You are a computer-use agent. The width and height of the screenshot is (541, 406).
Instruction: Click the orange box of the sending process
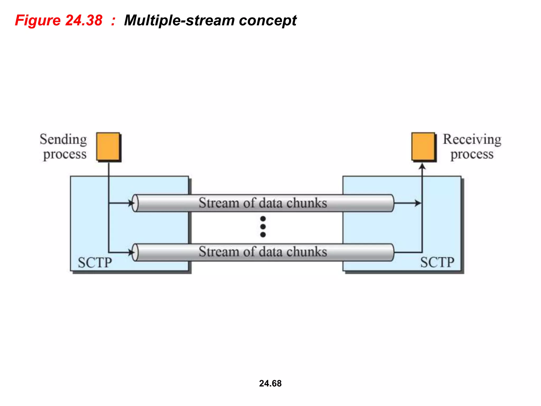pyautogui.click(x=108, y=146)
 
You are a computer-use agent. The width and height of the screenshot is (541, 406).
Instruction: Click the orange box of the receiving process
pyautogui.click(x=423, y=146)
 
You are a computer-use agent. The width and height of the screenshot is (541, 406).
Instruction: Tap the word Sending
pyautogui.click(x=63, y=139)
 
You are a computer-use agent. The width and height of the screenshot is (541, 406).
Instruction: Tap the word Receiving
pyautogui.click(x=472, y=139)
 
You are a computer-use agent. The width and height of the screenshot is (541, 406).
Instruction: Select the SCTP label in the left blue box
pyautogui.click(x=95, y=262)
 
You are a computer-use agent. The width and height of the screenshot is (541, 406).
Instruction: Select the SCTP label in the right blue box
pyautogui.click(x=437, y=262)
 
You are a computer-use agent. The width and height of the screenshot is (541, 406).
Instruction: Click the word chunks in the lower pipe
pyautogui.click(x=307, y=252)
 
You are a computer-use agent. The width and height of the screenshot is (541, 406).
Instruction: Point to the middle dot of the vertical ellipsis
pyautogui.click(x=263, y=227)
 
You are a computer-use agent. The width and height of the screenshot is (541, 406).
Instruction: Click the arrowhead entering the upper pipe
pyautogui.click(x=131, y=203)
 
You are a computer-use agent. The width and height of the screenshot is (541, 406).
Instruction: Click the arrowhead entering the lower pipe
pyautogui.click(x=131, y=252)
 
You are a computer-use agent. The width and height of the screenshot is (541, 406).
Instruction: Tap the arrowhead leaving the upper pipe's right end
pyautogui.click(x=418, y=203)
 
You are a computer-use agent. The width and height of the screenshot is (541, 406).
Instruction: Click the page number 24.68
pyautogui.click(x=270, y=383)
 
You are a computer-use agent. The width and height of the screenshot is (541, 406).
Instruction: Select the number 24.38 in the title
pyautogui.click(x=83, y=20)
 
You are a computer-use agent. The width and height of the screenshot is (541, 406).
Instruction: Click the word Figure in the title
pyautogui.click(x=38, y=20)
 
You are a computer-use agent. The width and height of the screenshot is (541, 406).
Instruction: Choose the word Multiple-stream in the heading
pyautogui.click(x=179, y=20)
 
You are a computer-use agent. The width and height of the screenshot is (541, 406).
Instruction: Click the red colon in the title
pyautogui.click(x=113, y=20)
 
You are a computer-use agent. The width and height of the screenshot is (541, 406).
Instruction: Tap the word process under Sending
pyautogui.click(x=65, y=154)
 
